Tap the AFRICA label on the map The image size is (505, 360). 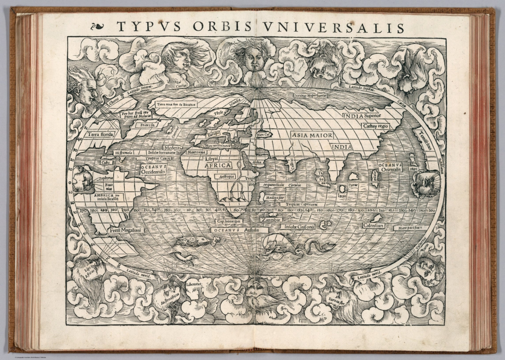(x=218, y=165)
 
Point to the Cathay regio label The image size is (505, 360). (x=375, y=126)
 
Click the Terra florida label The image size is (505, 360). (x=100, y=134)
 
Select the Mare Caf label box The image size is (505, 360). (x=263, y=135)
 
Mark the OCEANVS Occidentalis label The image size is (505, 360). (x=154, y=170)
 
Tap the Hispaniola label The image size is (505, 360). (x=124, y=153)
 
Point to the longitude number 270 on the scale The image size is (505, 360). (x=84, y=210)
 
